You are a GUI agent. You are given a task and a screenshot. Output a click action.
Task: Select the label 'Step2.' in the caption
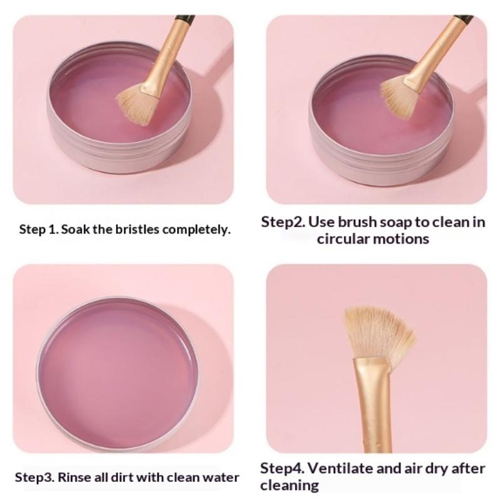coord(283,222)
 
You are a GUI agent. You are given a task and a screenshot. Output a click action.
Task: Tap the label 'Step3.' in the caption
coord(35,478)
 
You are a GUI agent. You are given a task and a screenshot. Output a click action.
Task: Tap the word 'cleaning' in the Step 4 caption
coord(289,485)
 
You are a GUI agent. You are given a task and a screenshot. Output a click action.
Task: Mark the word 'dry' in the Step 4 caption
coord(437,469)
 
